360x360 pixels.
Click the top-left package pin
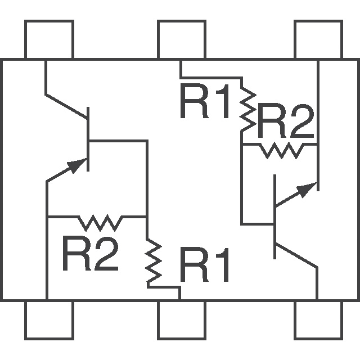pos(49,39)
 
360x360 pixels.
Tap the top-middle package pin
pos(181,39)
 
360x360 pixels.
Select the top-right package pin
pos(318,39)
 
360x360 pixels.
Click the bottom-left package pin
pos(49,321)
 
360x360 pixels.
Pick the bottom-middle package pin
pos(181,321)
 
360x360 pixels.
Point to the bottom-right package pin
pos(318,321)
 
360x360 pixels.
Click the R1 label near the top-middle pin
pos(205,102)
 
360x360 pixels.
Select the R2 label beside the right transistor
pos(286,123)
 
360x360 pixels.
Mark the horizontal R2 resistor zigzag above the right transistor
pos(280,150)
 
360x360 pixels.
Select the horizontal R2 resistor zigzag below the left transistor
pos(100,222)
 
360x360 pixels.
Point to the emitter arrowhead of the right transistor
pos(304,190)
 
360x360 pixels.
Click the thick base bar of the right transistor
pos(275,217)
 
